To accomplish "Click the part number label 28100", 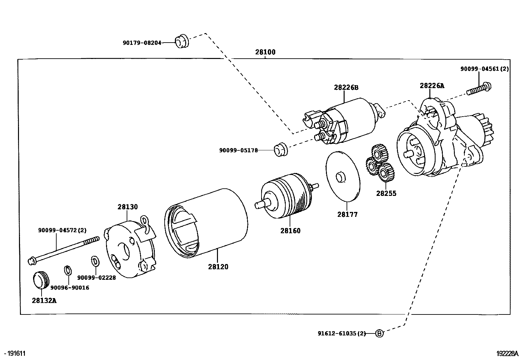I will click(265, 52).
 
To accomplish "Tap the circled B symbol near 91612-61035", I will click(379, 333).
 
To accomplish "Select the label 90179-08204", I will click(142, 43).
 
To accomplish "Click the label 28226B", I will click(346, 87).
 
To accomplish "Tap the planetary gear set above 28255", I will click(380, 163).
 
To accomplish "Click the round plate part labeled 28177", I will click(343, 176).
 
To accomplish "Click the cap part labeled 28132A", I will click(41, 280).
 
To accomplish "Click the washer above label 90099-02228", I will click(95, 261).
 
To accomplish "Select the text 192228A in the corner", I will click(507, 353).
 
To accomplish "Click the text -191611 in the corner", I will click(15, 353).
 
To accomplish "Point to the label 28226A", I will click(432, 86).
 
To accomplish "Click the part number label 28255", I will click(386, 193).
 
